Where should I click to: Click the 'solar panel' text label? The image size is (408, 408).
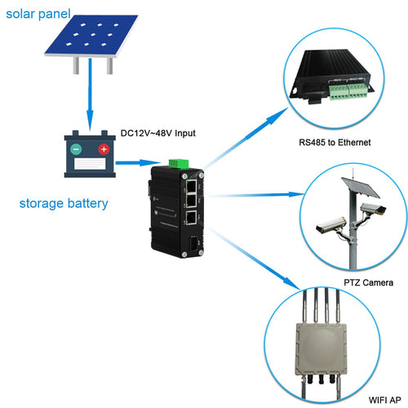click(x=38, y=14)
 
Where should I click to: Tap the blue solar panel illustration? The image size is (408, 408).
click(x=91, y=36)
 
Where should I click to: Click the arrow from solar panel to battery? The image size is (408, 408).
click(x=90, y=95)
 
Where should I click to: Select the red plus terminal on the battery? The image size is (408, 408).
click(x=104, y=149)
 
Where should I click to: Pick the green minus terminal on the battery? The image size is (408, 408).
click(x=76, y=149)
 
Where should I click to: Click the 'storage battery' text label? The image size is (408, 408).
click(x=64, y=203)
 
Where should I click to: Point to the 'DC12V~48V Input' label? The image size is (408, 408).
click(x=158, y=133)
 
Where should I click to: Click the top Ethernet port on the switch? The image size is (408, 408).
click(x=192, y=186)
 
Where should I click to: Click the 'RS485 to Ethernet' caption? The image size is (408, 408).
click(x=335, y=143)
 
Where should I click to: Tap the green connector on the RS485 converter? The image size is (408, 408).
click(x=348, y=91)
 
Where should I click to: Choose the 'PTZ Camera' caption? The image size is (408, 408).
click(x=369, y=282)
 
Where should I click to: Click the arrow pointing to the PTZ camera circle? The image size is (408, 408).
click(x=255, y=195)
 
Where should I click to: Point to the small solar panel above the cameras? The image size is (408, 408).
click(x=361, y=187)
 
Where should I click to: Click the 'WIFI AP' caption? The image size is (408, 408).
click(x=384, y=400)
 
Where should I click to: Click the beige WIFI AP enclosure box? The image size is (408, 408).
click(x=322, y=349)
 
